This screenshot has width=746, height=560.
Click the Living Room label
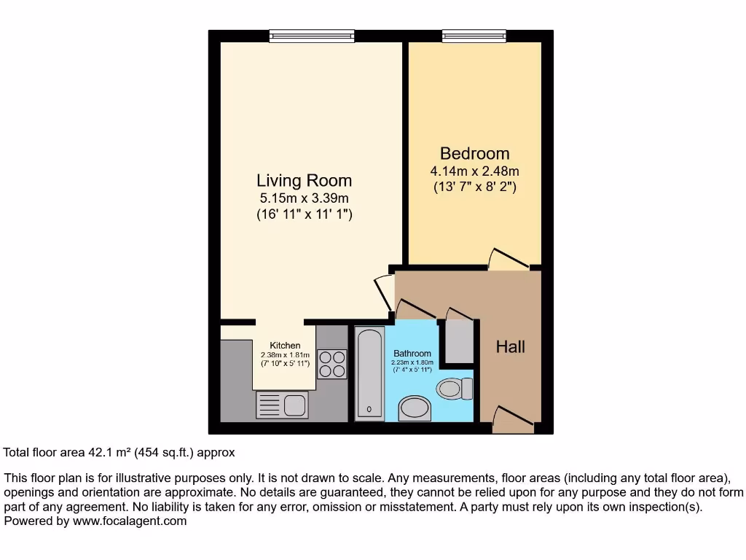click(304, 180)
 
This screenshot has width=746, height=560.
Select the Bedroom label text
click(474, 154)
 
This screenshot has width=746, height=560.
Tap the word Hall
click(510, 347)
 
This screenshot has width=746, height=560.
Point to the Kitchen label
click(285, 345)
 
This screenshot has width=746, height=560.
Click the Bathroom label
click(412, 354)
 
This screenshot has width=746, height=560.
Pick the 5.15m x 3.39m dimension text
click(304, 198)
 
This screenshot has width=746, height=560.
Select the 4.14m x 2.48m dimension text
click(474, 171)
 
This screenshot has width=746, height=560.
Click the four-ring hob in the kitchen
click(332, 364)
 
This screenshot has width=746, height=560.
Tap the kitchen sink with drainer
click(283, 405)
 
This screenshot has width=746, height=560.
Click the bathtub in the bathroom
click(369, 373)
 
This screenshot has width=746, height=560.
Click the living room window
click(311, 35)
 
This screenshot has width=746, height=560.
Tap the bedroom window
click(474, 35)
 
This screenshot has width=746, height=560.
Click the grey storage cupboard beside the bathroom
click(459, 341)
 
